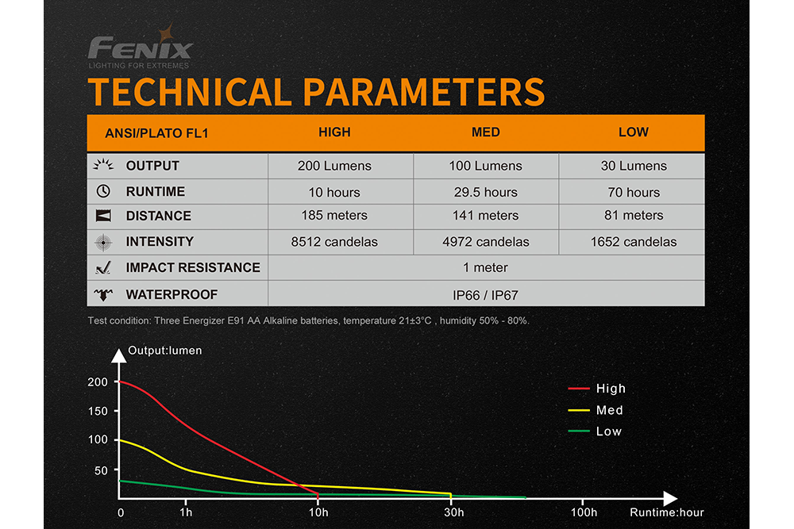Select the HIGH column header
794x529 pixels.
tap(334, 132)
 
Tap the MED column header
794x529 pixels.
tap(486, 132)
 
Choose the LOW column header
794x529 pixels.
tap(633, 132)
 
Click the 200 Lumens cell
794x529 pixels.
tap(334, 167)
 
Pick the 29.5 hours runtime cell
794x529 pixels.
tap(486, 192)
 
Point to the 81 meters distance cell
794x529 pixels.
tap(633, 216)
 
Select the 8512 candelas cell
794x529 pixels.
tap(334, 242)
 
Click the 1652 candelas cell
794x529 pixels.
tap(633, 242)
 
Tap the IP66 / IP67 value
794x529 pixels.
tap(486, 295)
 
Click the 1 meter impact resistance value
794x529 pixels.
tap(486, 268)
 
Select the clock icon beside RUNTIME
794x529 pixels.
tap(103, 191)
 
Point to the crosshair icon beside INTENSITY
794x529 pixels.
tap(103, 242)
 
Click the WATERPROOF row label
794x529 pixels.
tap(172, 295)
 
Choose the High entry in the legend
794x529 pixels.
tap(611, 389)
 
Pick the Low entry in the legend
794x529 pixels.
tap(609, 431)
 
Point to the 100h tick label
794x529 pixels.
tap(584, 512)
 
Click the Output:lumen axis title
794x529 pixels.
tap(165, 351)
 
